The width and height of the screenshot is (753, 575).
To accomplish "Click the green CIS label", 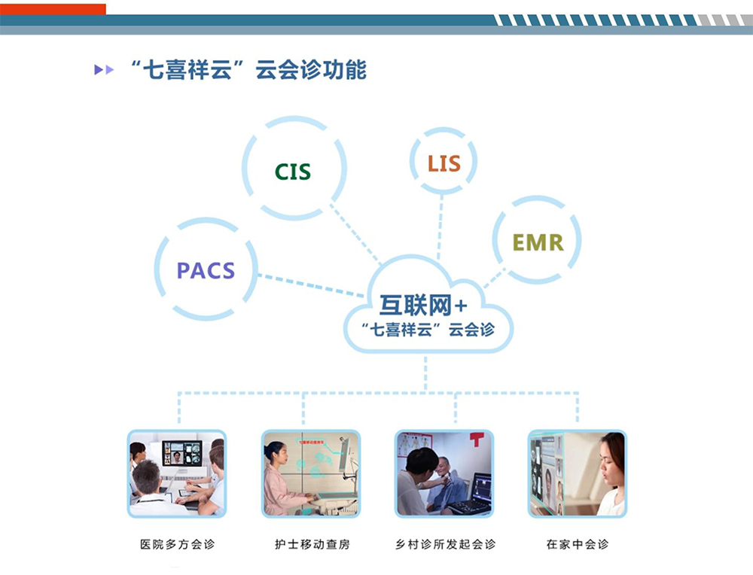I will [x=293, y=172].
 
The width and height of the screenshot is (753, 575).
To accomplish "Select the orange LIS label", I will [x=444, y=163].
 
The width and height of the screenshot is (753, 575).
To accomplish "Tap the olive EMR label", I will [x=538, y=242].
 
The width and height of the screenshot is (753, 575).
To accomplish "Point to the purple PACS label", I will [x=206, y=270].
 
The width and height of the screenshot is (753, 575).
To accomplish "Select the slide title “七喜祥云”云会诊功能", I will [x=248, y=70].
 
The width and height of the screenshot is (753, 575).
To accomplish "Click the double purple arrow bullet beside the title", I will [x=104, y=70].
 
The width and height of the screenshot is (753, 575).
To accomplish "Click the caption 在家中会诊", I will [x=578, y=544].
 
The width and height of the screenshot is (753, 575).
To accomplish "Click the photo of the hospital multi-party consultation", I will [x=176, y=473].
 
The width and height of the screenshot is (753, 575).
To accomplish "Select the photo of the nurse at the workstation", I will [x=311, y=473].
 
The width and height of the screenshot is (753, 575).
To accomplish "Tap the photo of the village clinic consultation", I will [x=445, y=473].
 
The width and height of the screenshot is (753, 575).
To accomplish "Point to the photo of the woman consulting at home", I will [x=578, y=473].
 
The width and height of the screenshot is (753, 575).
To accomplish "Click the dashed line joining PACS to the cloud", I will [x=312, y=284].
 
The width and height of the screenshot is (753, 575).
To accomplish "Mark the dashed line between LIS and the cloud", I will [x=439, y=226].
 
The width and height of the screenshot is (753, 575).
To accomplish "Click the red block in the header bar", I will [x=53, y=9].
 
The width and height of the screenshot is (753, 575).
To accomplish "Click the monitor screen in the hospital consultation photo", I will [x=182, y=454].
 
